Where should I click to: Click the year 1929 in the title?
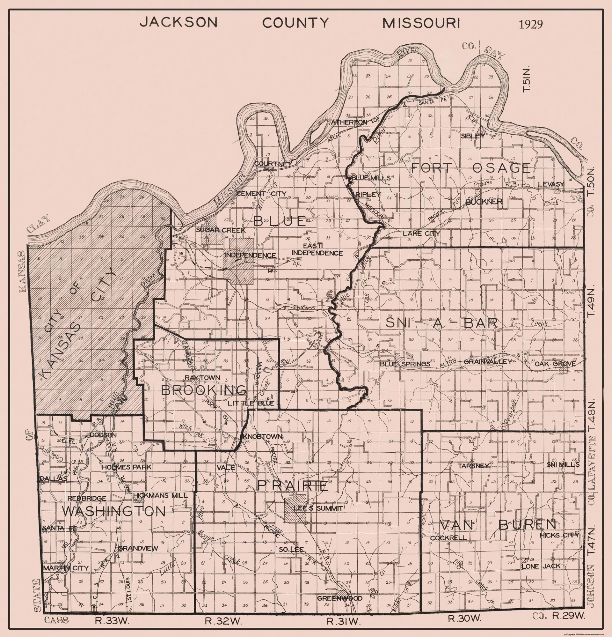click(x=530, y=24)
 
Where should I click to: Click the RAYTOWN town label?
click(x=202, y=378)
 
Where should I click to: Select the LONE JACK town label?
click(x=541, y=566)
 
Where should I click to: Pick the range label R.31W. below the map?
click(x=344, y=621)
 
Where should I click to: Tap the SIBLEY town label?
click(x=473, y=136)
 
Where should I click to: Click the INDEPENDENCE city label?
click(x=250, y=255)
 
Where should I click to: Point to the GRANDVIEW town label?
click(x=138, y=548)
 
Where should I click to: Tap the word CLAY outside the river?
click(x=39, y=224)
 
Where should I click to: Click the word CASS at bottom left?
click(x=56, y=620)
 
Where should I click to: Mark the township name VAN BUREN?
click(x=497, y=524)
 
